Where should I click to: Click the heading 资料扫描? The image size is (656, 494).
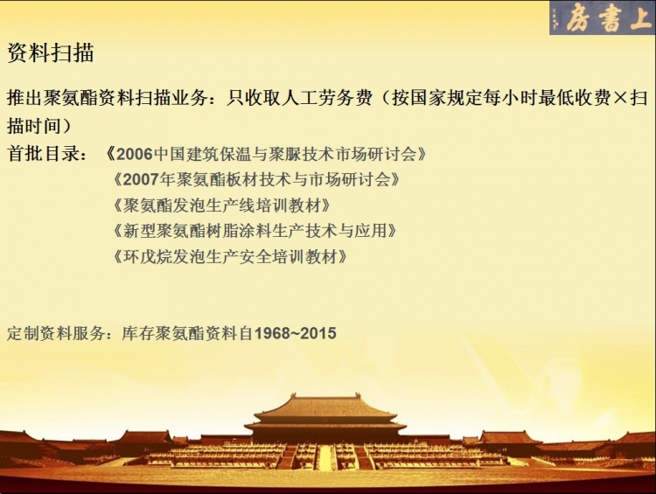click(x=50, y=53)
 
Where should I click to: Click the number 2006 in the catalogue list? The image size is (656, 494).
click(x=135, y=155)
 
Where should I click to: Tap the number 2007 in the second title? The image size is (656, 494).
click(x=142, y=180)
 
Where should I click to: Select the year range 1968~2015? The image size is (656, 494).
click(x=296, y=333)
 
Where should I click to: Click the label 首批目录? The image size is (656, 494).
click(x=43, y=154)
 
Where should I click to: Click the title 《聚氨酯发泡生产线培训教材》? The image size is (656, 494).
click(x=222, y=205)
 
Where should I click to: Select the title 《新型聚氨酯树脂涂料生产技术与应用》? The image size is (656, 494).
click(x=255, y=231)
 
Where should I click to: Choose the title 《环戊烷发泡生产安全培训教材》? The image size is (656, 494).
click(x=230, y=256)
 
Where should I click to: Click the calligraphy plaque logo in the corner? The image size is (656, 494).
click(x=603, y=17)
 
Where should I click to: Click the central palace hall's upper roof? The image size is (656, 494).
click(x=326, y=405)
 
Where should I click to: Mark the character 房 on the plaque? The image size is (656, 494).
click(x=579, y=17)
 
